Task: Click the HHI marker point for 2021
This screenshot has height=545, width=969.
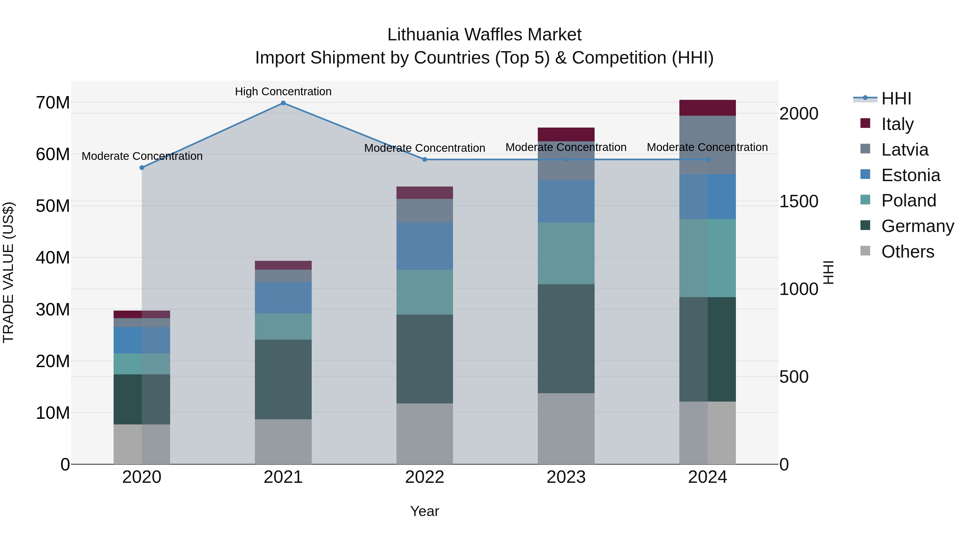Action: pos(283,103)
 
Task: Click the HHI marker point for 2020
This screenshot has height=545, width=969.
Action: pos(142,168)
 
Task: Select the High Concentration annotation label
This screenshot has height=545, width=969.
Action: pos(283,92)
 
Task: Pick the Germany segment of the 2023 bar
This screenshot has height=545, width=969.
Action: pos(566,339)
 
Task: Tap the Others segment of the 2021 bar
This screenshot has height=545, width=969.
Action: pos(283,442)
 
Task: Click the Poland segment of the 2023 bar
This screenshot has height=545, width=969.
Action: pos(566,253)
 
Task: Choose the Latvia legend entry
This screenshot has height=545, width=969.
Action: pos(904,150)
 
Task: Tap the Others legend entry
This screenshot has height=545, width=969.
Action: pos(907,252)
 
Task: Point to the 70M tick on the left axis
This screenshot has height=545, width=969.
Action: pos(53,103)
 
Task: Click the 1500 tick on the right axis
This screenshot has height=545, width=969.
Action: pos(798,201)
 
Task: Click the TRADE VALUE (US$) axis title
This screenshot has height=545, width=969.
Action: pos(8,272)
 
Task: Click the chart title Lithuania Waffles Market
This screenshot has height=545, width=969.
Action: pos(484,35)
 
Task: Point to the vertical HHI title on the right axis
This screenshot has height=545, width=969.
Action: pos(828,272)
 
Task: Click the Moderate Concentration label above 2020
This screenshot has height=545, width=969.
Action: pos(142,156)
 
